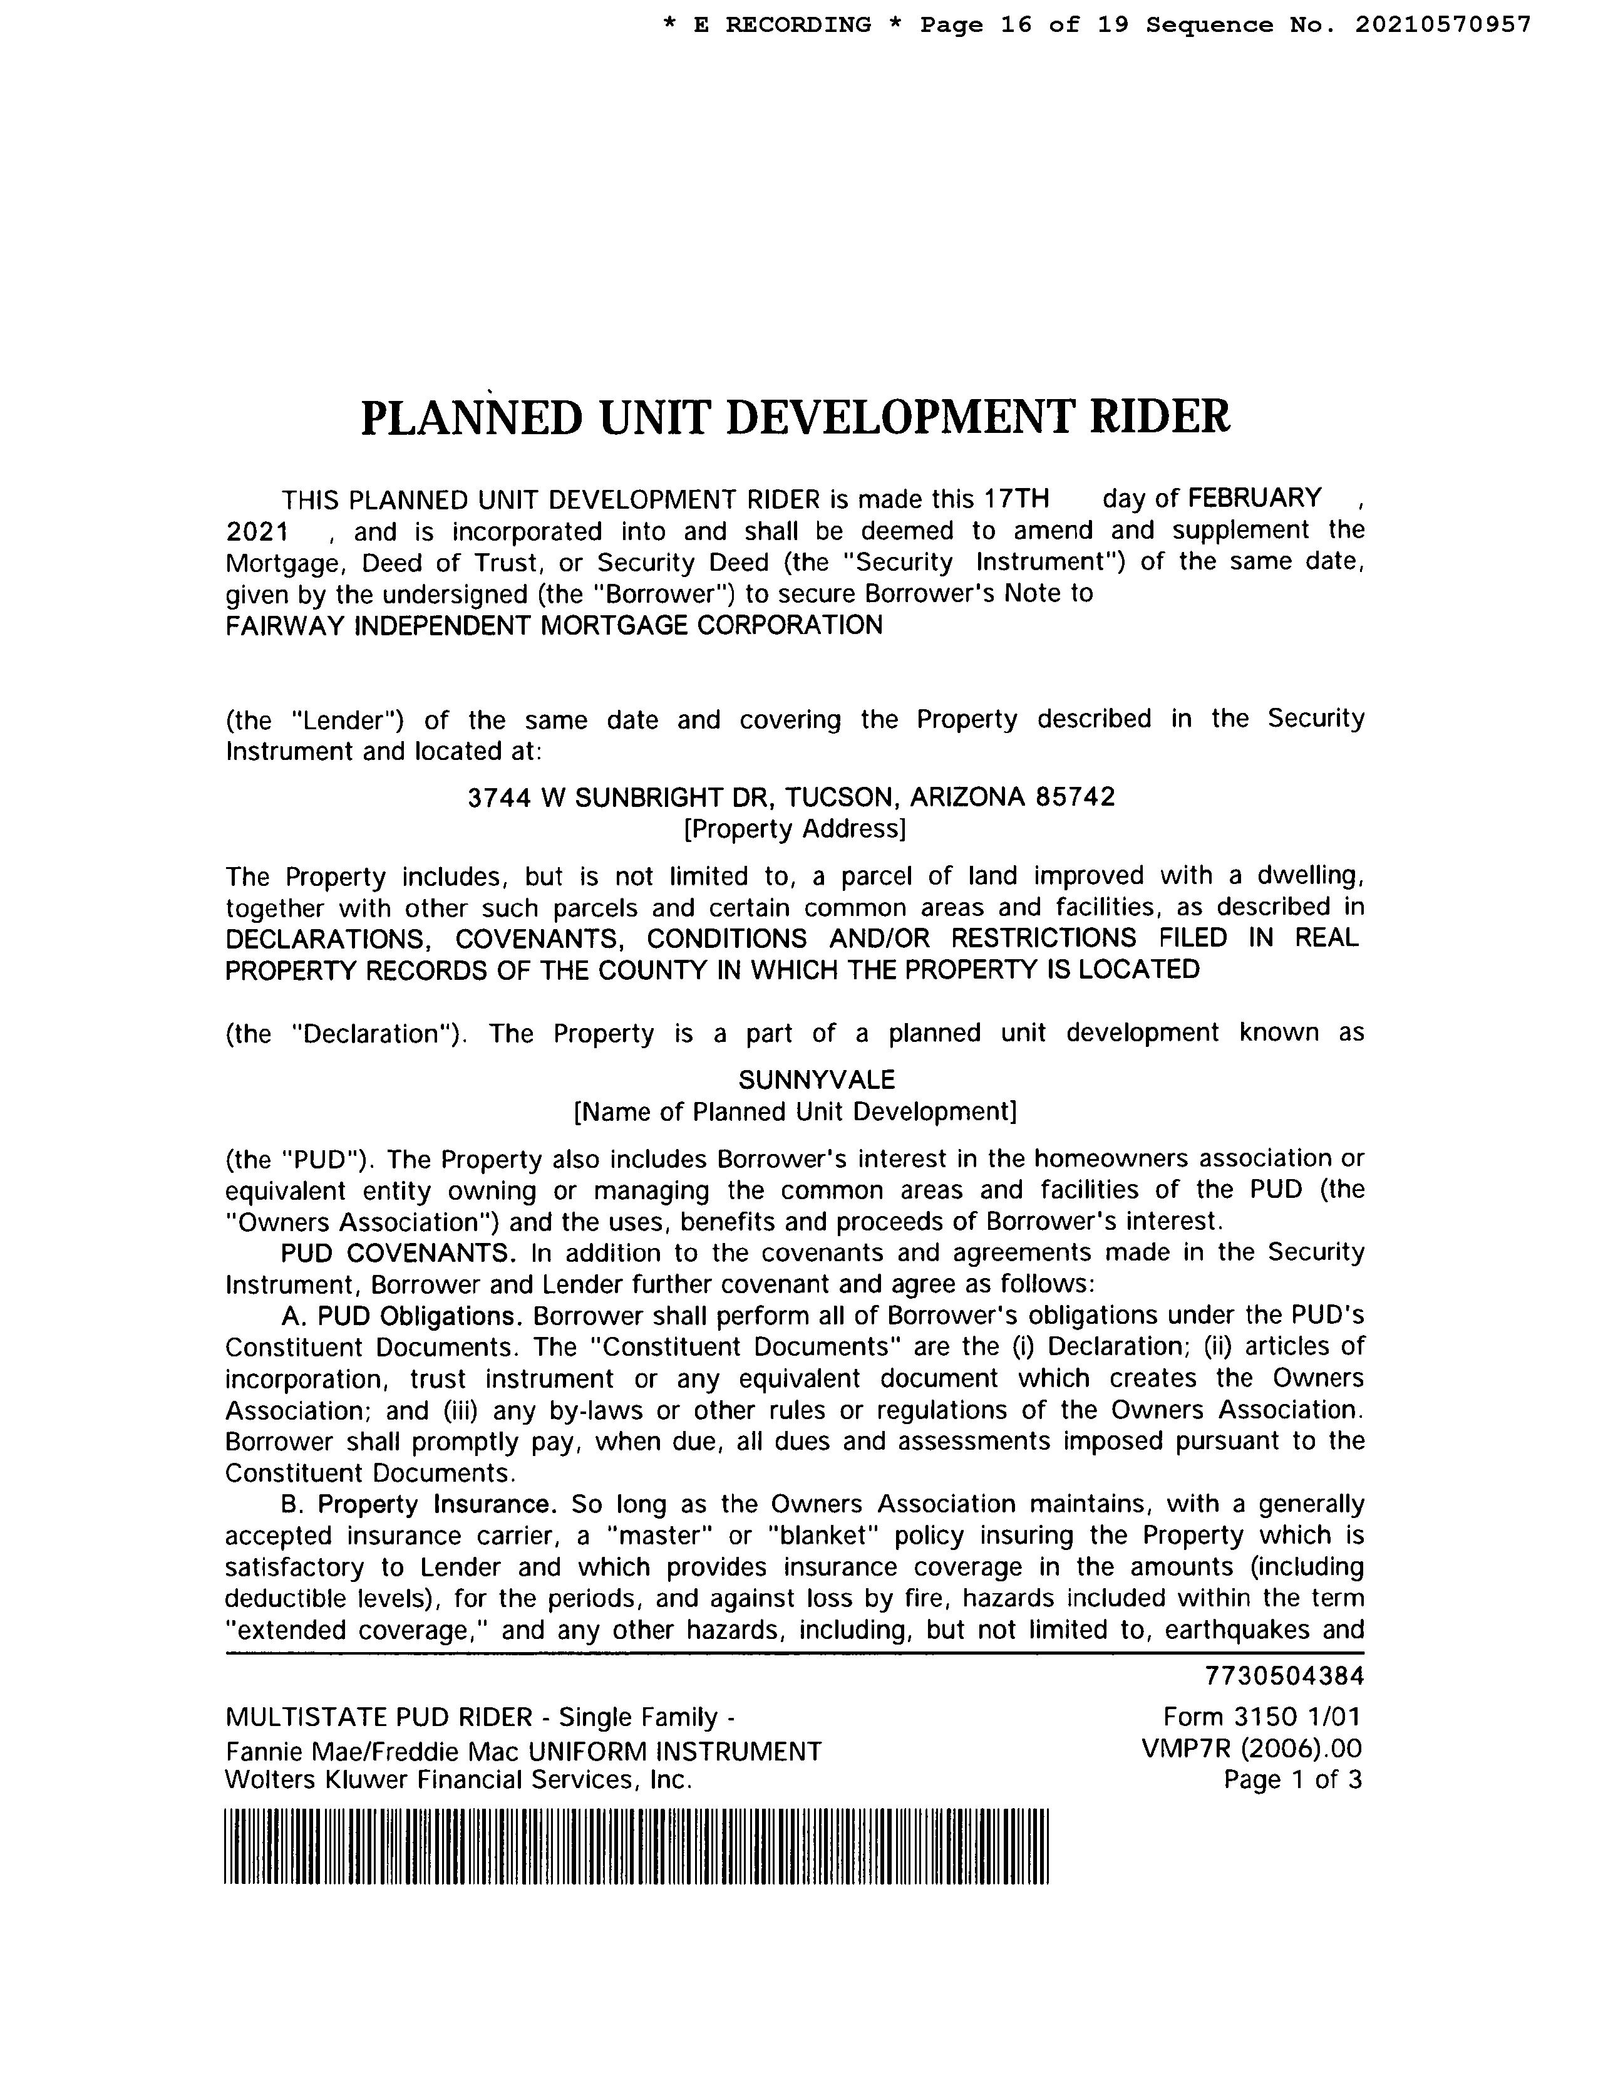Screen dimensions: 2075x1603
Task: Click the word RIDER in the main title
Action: [1158, 417]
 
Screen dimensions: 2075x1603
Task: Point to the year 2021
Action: [256, 531]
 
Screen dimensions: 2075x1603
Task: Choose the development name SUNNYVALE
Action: [816, 1079]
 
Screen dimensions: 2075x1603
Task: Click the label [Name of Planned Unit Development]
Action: [795, 1111]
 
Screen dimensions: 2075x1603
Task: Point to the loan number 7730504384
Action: [1284, 1675]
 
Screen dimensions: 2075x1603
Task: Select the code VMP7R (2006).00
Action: [1252, 1748]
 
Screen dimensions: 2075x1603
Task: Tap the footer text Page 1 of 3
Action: [1292, 1779]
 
